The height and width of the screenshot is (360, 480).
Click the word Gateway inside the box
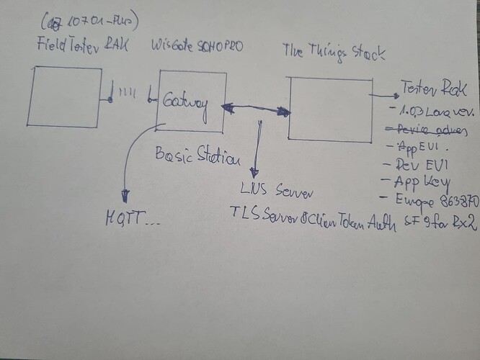click(185, 102)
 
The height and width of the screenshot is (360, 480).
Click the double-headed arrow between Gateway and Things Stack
click(256, 109)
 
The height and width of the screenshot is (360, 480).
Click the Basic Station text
click(197, 156)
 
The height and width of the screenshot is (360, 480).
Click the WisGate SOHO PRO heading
click(197, 47)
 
